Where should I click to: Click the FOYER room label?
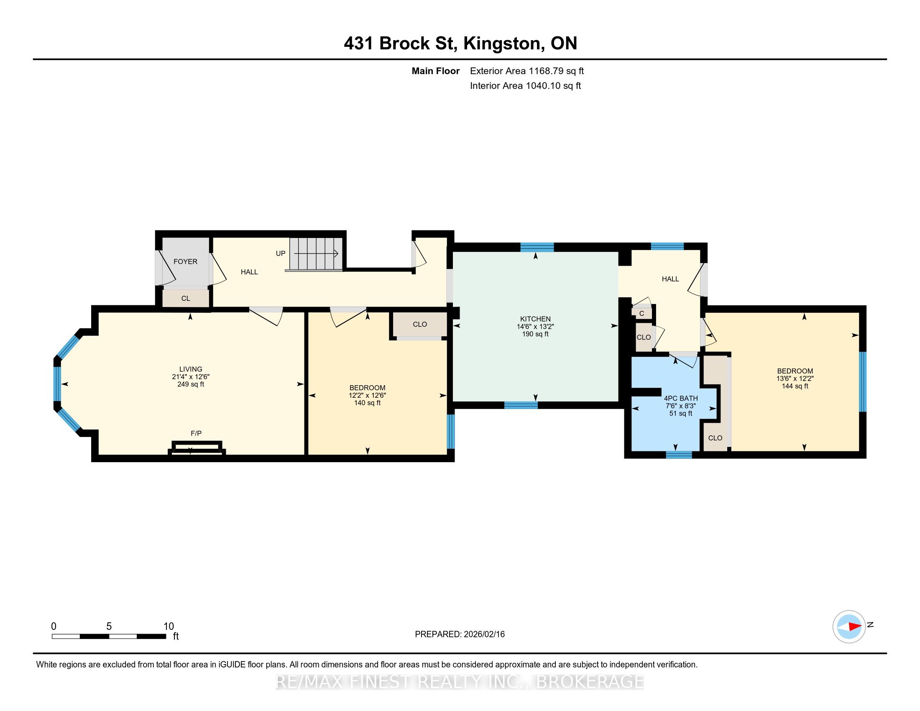(x=185, y=261)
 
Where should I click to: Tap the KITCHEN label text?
(x=535, y=319)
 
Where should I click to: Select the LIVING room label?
(x=191, y=369)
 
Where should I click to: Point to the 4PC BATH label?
(x=681, y=398)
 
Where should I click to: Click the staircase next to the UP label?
(x=316, y=253)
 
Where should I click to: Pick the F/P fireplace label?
(x=196, y=433)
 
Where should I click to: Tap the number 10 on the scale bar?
(x=169, y=627)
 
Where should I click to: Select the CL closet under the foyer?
(x=186, y=298)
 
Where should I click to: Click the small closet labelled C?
(x=641, y=313)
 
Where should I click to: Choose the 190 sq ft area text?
(x=535, y=334)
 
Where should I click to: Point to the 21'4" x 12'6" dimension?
(x=191, y=376)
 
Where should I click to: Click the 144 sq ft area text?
(x=795, y=386)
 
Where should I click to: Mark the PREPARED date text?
(x=460, y=634)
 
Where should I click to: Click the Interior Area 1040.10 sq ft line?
(x=525, y=85)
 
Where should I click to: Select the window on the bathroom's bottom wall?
(x=679, y=455)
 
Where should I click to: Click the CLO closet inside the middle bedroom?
(x=420, y=324)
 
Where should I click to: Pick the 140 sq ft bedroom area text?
(x=367, y=403)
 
